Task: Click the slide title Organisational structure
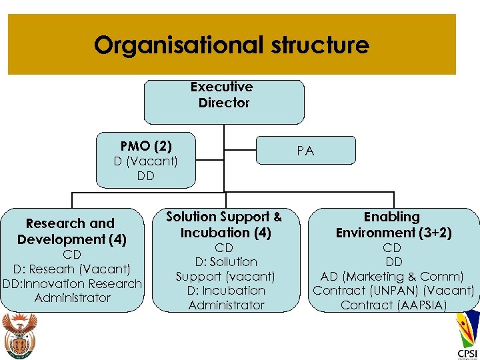coord(231,45)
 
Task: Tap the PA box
coord(305,151)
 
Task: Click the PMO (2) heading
coord(146,146)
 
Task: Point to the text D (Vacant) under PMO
coord(146,161)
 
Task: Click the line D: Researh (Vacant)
coord(71,269)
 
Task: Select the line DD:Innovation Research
coord(72,283)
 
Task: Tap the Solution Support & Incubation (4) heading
coord(224,225)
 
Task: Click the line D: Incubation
coord(226,291)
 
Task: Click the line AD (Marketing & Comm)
coord(392,276)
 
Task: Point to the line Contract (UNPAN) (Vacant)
coord(393,291)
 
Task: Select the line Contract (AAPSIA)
coord(393,305)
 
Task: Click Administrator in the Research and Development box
coord(73,298)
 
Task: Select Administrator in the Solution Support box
coord(226,305)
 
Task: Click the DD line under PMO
coord(145,176)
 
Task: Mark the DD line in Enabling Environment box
coord(394,262)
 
